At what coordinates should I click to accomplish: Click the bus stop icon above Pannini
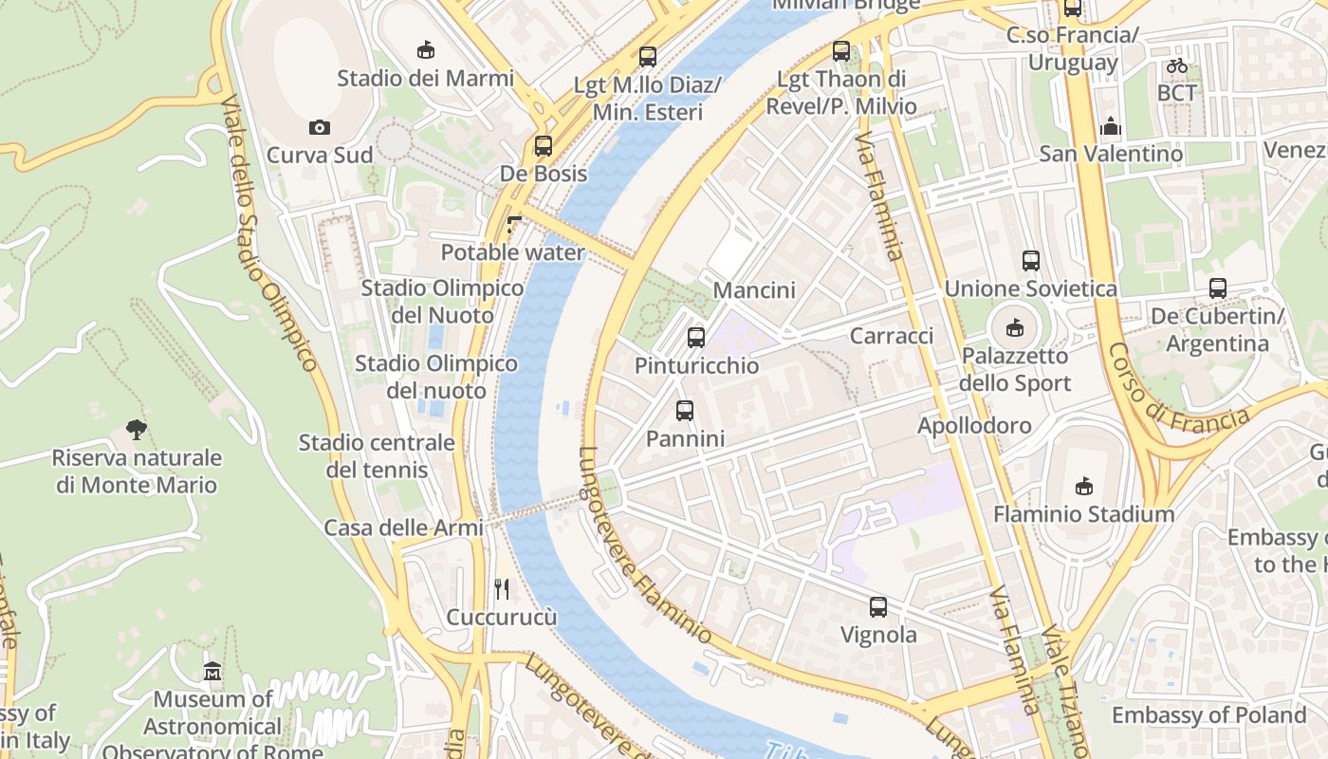[x=685, y=411]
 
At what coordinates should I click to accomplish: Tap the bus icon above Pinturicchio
[x=696, y=337]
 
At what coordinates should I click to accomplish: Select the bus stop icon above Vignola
[x=878, y=607]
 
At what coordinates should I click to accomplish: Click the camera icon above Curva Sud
[x=319, y=127]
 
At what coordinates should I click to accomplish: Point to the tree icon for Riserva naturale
[x=137, y=430]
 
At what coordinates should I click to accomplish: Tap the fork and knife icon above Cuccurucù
[x=502, y=589]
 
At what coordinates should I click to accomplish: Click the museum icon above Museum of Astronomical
[x=212, y=672]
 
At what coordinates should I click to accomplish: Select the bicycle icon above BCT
[x=1177, y=65]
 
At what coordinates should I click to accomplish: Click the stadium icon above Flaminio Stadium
[x=1083, y=487]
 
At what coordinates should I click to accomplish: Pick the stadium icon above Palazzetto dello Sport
[x=1015, y=328]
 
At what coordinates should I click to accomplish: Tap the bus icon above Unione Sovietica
[x=1031, y=260]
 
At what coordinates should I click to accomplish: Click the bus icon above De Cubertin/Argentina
[x=1218, y=287]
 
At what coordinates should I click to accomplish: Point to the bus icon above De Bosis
[x=544, y=146]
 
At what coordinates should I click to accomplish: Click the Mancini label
[x=754, y=289]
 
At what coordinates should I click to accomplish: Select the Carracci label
[x=892, y=336]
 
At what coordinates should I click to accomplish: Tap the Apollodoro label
[x=974, y=425]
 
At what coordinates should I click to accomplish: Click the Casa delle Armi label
[x=403, y=528]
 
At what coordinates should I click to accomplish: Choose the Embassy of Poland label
[x=1208, y=714]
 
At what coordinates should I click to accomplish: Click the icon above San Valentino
[x=1111, y=126]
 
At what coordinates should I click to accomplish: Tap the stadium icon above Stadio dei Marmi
[x=426, y=50]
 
